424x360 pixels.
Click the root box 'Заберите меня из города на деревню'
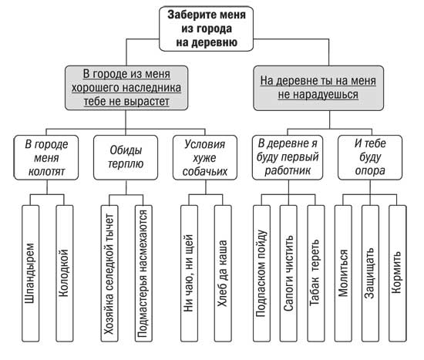(206, 29)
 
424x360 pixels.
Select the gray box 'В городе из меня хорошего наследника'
(126, 88)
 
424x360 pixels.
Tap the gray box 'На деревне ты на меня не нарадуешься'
(318, 88)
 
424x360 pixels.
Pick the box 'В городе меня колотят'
(46, 157)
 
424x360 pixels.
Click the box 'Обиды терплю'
(126, 157)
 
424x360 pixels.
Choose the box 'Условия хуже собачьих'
(205, 157)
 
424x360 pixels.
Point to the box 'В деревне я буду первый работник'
(288, 157)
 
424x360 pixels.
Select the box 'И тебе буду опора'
(370, 157)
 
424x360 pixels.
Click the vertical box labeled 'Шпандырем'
(30, 273)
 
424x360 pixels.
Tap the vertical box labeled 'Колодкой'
(64, 273)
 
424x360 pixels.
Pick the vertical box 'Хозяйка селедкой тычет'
(109, 273)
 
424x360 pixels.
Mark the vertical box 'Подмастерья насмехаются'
(143, 273)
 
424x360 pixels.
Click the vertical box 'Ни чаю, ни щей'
(189, 273)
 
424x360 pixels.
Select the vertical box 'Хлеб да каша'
(223, 273)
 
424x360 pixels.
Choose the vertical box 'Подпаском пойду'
(262, 273)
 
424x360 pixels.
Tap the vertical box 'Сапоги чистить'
(288, 273)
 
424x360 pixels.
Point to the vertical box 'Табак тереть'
(315, 273)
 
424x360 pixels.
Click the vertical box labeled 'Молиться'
(343, 273)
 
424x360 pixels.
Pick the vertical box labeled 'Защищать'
(370, 273)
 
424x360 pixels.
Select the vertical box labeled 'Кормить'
(398, 273)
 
